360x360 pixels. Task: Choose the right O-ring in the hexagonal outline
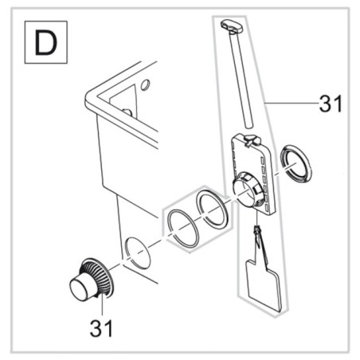click(213, 210)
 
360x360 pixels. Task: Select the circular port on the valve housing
click(247, 191)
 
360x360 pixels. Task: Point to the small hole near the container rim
click(144, 84)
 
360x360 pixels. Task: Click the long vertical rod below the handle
click(244, 80)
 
